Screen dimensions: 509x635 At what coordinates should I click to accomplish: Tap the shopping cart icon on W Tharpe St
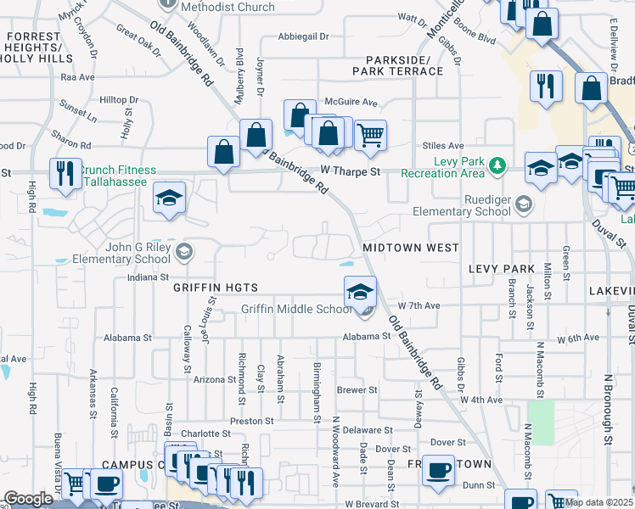point(370,134)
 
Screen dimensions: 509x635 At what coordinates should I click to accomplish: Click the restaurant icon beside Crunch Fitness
point(65,173)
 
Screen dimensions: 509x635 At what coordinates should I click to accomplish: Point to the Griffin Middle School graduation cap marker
point(360,292)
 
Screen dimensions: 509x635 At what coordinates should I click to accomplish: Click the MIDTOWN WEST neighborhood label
point(411,248)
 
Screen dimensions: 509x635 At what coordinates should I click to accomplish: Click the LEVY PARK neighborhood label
point(501,268)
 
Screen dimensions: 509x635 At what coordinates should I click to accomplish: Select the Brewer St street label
point(357,390)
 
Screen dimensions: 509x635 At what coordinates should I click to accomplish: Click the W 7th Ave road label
point(419,305)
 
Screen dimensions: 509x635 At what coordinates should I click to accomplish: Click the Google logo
point(29,499)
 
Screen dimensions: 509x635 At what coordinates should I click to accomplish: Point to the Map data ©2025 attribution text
point(599,502)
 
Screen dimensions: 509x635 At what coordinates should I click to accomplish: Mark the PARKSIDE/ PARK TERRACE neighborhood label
point(405,65)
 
